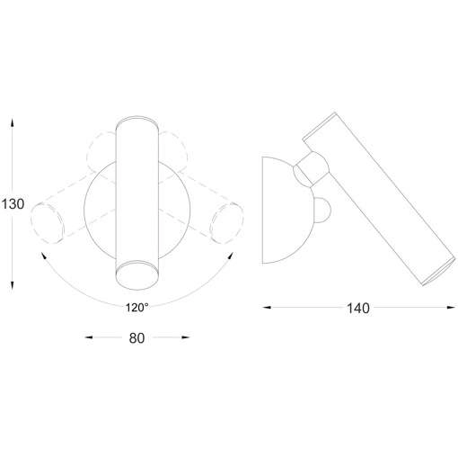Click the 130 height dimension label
pyautogui.click(x=13, y=204)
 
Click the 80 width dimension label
pyautogui.click(x=137, y=338)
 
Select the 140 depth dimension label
pyautogui.click(x=357, y=309)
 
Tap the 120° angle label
pyautogui.click(x=137, y=307)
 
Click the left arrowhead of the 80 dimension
pyautogui.click(x=88, y=338)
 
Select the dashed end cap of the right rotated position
pyautogui.click(x=225, y=221)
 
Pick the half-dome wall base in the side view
pyautogui.click(x=280, y=209)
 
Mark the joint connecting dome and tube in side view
pyautogui.click(x=313, y=168)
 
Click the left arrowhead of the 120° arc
pyautogui.click(x=43, y=256)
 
